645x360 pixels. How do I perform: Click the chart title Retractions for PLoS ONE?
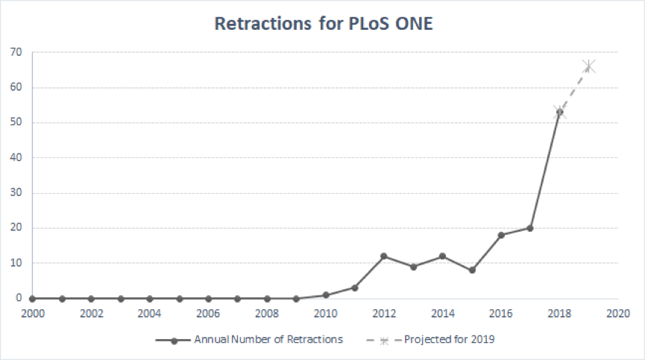click(324, 23)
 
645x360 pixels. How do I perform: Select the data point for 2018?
click(559, 112)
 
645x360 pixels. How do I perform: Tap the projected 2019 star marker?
click(588, 67)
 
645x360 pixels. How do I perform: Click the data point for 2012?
click(384, 256)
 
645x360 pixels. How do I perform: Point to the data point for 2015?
click(472, 270)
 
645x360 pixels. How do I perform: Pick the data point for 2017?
click(530, 228)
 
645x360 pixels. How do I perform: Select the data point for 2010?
click(326, 294)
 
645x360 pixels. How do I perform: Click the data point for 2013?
click(413, 266)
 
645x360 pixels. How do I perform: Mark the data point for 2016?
click(501, 235)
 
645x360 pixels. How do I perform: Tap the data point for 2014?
click(443, 256)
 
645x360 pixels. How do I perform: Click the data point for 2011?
click(355, 288)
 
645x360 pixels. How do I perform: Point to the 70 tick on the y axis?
click(16, 52)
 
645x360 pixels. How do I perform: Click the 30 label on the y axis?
click(16, 192)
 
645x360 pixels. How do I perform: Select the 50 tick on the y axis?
click(16, 122)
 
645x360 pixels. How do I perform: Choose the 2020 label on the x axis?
click(617, 314)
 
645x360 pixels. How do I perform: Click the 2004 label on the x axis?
click(150, 314)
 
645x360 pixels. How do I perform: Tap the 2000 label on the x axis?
click(33, 314)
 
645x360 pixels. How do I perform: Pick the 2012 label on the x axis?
click(384, 314)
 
